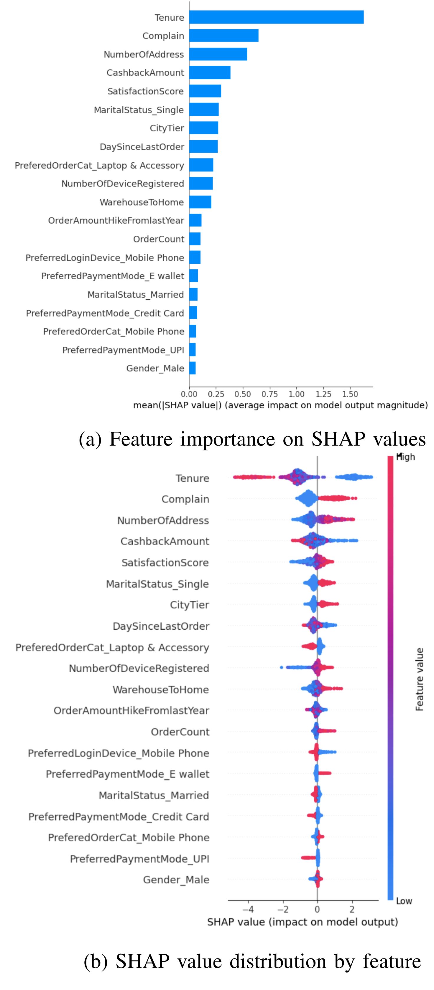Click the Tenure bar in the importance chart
coord(276,17)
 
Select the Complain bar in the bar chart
coord(224,35)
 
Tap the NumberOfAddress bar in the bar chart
coord(218,54)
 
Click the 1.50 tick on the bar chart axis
coord(350,394)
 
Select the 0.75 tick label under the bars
coord(269,394)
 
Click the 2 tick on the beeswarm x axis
coord(352,909)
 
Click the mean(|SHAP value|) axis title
coord(280,405)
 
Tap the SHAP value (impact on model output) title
coord(303,922)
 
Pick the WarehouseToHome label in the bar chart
coord(142,202)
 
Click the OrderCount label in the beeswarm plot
coord(180,732)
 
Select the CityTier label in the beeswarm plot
coord(190,605)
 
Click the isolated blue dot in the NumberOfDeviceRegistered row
coord(282,667)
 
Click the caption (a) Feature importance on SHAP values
coord(252,439)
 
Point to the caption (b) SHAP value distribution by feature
coord(252,961)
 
